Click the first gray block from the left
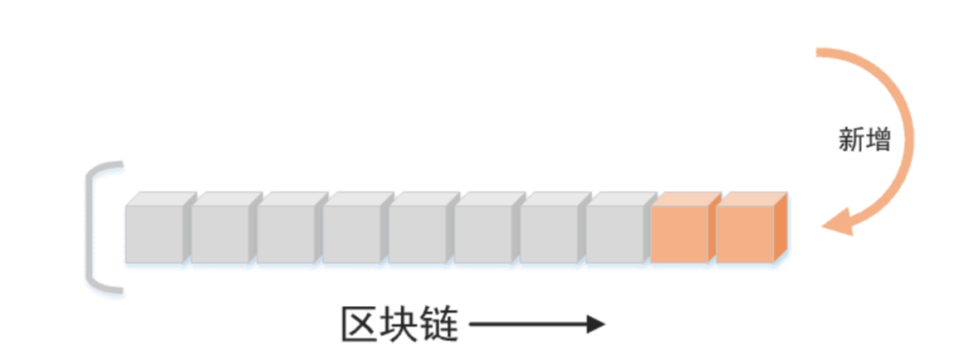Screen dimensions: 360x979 (x=154, y=233)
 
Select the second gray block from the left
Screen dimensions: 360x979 (x=220, y=233)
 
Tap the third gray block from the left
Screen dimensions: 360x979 (x=286, y=233)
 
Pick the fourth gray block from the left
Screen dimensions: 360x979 (x=352, y=233)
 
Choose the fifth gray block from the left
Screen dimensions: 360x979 (x=418, y=233)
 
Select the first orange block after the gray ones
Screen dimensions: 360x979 (x=680, y=233)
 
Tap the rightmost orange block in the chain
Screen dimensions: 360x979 (x=745, y=233)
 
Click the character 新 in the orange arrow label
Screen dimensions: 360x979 (x=851, y=141)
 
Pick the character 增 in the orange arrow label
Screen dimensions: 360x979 (x=877, y=141)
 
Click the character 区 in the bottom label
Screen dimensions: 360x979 (x=360, y=325)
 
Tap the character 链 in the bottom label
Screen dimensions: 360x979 (x=440, y=325)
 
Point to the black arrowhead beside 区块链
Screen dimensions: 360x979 (x=596, y=325)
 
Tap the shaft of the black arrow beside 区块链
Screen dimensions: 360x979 (x=526, y=325)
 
